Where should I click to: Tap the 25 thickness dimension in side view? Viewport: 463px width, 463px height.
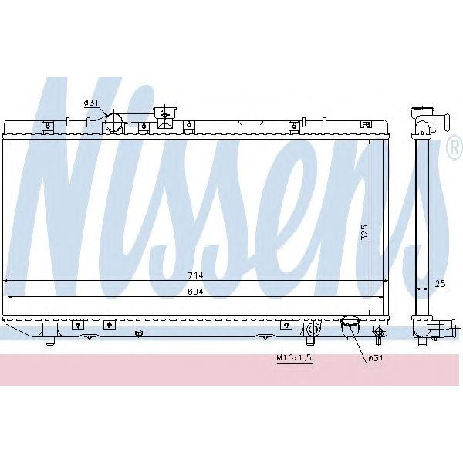click(x=439, y=285)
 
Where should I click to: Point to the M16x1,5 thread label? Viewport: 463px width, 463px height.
click(x=292, y=357)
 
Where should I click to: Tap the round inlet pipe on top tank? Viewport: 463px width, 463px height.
click(x=113, y=122)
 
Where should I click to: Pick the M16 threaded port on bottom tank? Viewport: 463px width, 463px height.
click(x=313, y=331)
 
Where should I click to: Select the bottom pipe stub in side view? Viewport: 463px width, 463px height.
click(x=439, y=330)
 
